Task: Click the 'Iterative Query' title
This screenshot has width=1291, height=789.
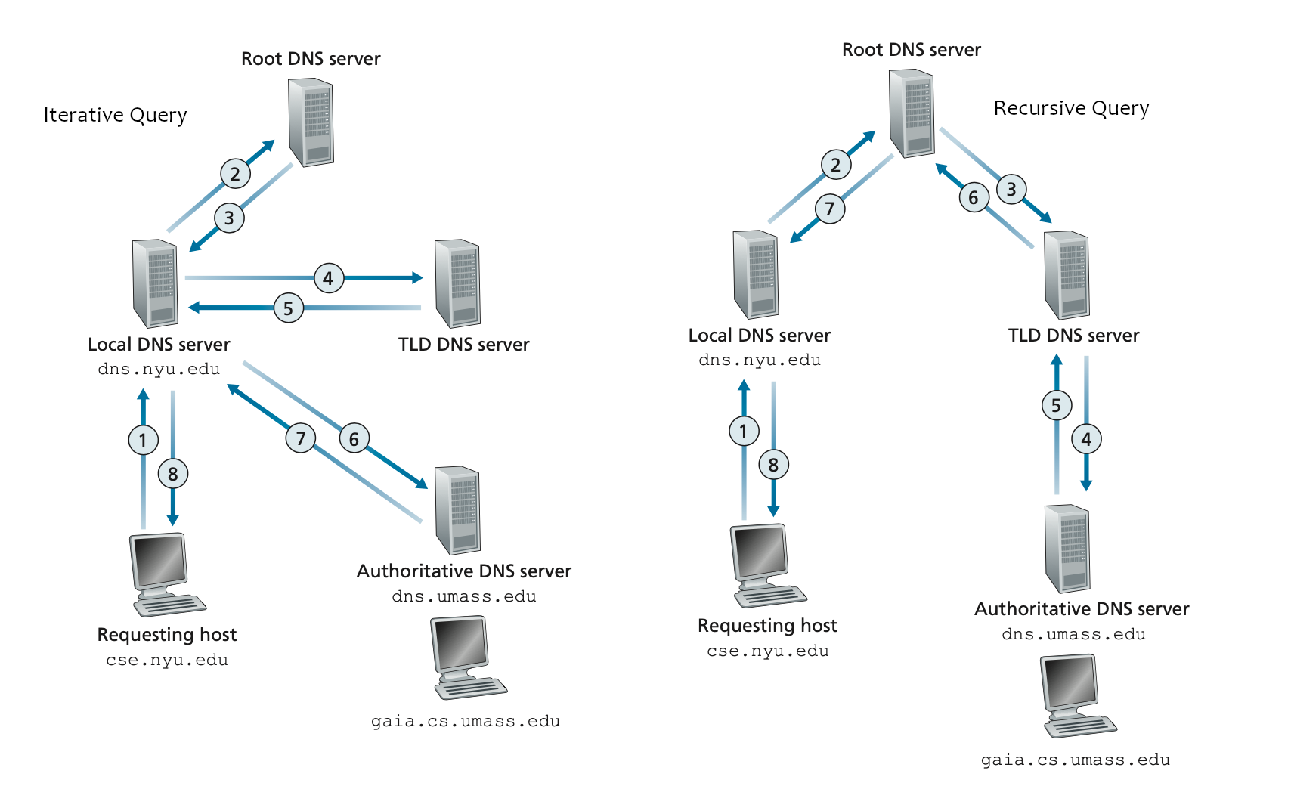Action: click(x=115, y=115)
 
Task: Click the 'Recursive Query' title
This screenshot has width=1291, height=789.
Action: click(x=1071, y=108)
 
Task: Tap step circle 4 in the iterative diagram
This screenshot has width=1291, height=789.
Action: click(x=328, y=278)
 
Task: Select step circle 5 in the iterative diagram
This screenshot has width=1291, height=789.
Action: click(x=288, y=308)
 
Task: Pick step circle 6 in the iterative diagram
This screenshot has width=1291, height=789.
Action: click(x=354, y=439)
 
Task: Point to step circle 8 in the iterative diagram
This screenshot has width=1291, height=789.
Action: click(x=173, y=474)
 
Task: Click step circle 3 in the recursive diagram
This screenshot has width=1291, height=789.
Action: click(x=1011, y=189)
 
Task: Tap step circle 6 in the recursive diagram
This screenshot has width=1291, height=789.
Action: click(x=974, y=198)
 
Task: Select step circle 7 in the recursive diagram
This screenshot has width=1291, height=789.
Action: click(x=830, y=209)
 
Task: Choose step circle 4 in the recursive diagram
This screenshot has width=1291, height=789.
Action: click(x=1086, y=439)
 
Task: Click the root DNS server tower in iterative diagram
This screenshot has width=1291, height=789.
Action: click(x=311, y=122)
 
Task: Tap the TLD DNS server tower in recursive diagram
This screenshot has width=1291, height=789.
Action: click(x=1067, y=275)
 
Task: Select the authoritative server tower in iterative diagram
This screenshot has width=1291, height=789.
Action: click(x=457, y=510)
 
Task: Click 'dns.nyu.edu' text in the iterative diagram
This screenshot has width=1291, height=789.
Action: click(x=159, y=370)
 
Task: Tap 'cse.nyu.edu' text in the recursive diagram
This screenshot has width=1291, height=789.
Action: click(x=767, y=651)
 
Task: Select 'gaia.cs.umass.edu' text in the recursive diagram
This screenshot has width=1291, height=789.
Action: click(x=1075, y=760)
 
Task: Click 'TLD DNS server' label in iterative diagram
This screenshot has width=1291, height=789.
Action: click(x=463, y=345)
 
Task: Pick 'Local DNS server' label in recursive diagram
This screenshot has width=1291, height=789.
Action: click(x=759, y=336)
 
